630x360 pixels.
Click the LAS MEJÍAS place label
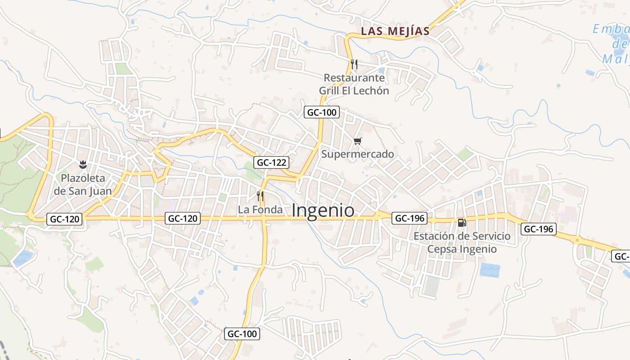[396, 31]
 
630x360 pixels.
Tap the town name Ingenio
[323, 211]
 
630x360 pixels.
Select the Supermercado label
[357, 154]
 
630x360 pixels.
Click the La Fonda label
[260, 210]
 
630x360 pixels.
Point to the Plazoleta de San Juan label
[83, 184]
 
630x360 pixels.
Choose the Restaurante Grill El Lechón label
[354, 84]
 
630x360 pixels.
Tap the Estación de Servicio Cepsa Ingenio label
[462, 243]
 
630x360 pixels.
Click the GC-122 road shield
[271, 162]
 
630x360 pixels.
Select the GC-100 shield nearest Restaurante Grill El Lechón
[321, 112]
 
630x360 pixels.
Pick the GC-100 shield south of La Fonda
[242, 334]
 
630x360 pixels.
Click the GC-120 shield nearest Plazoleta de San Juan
[65, 220]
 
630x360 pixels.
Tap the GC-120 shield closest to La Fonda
[182, 219]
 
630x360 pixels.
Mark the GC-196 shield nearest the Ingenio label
[409, 219]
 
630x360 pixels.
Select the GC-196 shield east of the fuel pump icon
[539, 229]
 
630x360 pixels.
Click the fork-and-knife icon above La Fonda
[260, 196]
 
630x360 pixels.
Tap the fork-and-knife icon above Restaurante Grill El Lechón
[354, 64]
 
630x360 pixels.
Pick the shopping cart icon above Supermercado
[357, 141]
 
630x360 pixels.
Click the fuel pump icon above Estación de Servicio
[462, 222]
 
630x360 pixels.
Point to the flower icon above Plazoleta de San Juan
[83, 164]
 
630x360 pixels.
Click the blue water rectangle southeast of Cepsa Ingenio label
[490, 270]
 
